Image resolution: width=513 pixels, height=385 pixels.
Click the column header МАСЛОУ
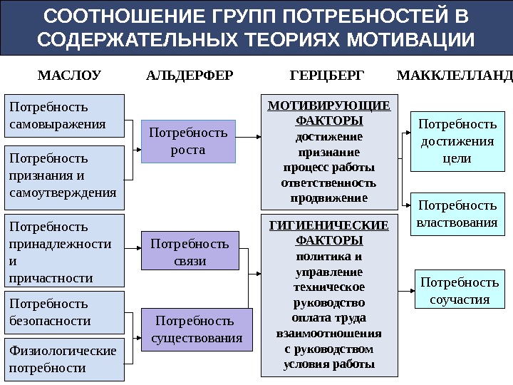pyautogui.click(x=68, y=74)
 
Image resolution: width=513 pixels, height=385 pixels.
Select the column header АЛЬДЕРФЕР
pyautogui.click(x=189, y=74)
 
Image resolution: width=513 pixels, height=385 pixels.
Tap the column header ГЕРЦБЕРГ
pyautogui.click(x=327, y=74)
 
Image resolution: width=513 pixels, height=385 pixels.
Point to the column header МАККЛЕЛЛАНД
pyautogui.click(x=454, y=74)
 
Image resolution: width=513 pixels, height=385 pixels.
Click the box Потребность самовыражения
pyautogui.click(x=64, y=115)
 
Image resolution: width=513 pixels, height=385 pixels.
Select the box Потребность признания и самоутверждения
pyautogui.click(x=64, y=175)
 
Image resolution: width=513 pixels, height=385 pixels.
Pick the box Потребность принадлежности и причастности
pyautogui.click(x=64, y=252)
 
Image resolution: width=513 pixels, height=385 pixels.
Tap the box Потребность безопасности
pyautogui.click(x=64, y=312)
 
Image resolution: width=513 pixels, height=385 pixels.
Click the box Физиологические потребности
pyautogui.click(x=64, y=359)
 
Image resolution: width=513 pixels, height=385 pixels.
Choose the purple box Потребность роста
pyautogui.click(x=188, y=140)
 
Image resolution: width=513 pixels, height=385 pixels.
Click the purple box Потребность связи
pyautogui.click(x=190, y=252)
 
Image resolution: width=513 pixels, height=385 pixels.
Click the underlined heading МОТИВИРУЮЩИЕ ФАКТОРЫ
pyautogui.click(x=328, y=113)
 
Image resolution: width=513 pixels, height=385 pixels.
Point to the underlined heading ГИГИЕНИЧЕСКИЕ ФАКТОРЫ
pyautogui.click(x=328, y=232)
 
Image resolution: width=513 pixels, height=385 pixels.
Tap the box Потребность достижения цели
pyautogui.click(x=457, y=141)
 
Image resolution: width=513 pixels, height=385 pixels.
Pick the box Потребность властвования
pyautogui.click(x=457, y=214)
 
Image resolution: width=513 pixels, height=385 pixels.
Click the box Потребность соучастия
pyautogui.click(x=460, y=290)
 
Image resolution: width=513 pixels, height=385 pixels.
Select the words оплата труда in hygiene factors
pyautogui.click(x=328, y=317)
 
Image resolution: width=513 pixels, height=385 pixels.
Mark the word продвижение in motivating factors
pyautogui.click(x=328, y=197)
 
